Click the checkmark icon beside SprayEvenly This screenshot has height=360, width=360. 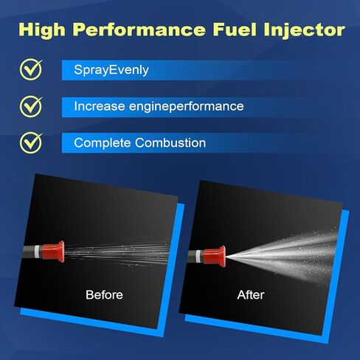[31, 69]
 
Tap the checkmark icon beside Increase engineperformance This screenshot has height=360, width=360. [31, 105]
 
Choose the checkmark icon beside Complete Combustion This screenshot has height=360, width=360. [31, 141]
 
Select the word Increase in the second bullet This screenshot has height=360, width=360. [98, 106]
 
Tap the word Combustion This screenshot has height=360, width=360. [173, 142]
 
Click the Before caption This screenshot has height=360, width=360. [104, 295]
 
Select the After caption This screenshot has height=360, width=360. [250, 295]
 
